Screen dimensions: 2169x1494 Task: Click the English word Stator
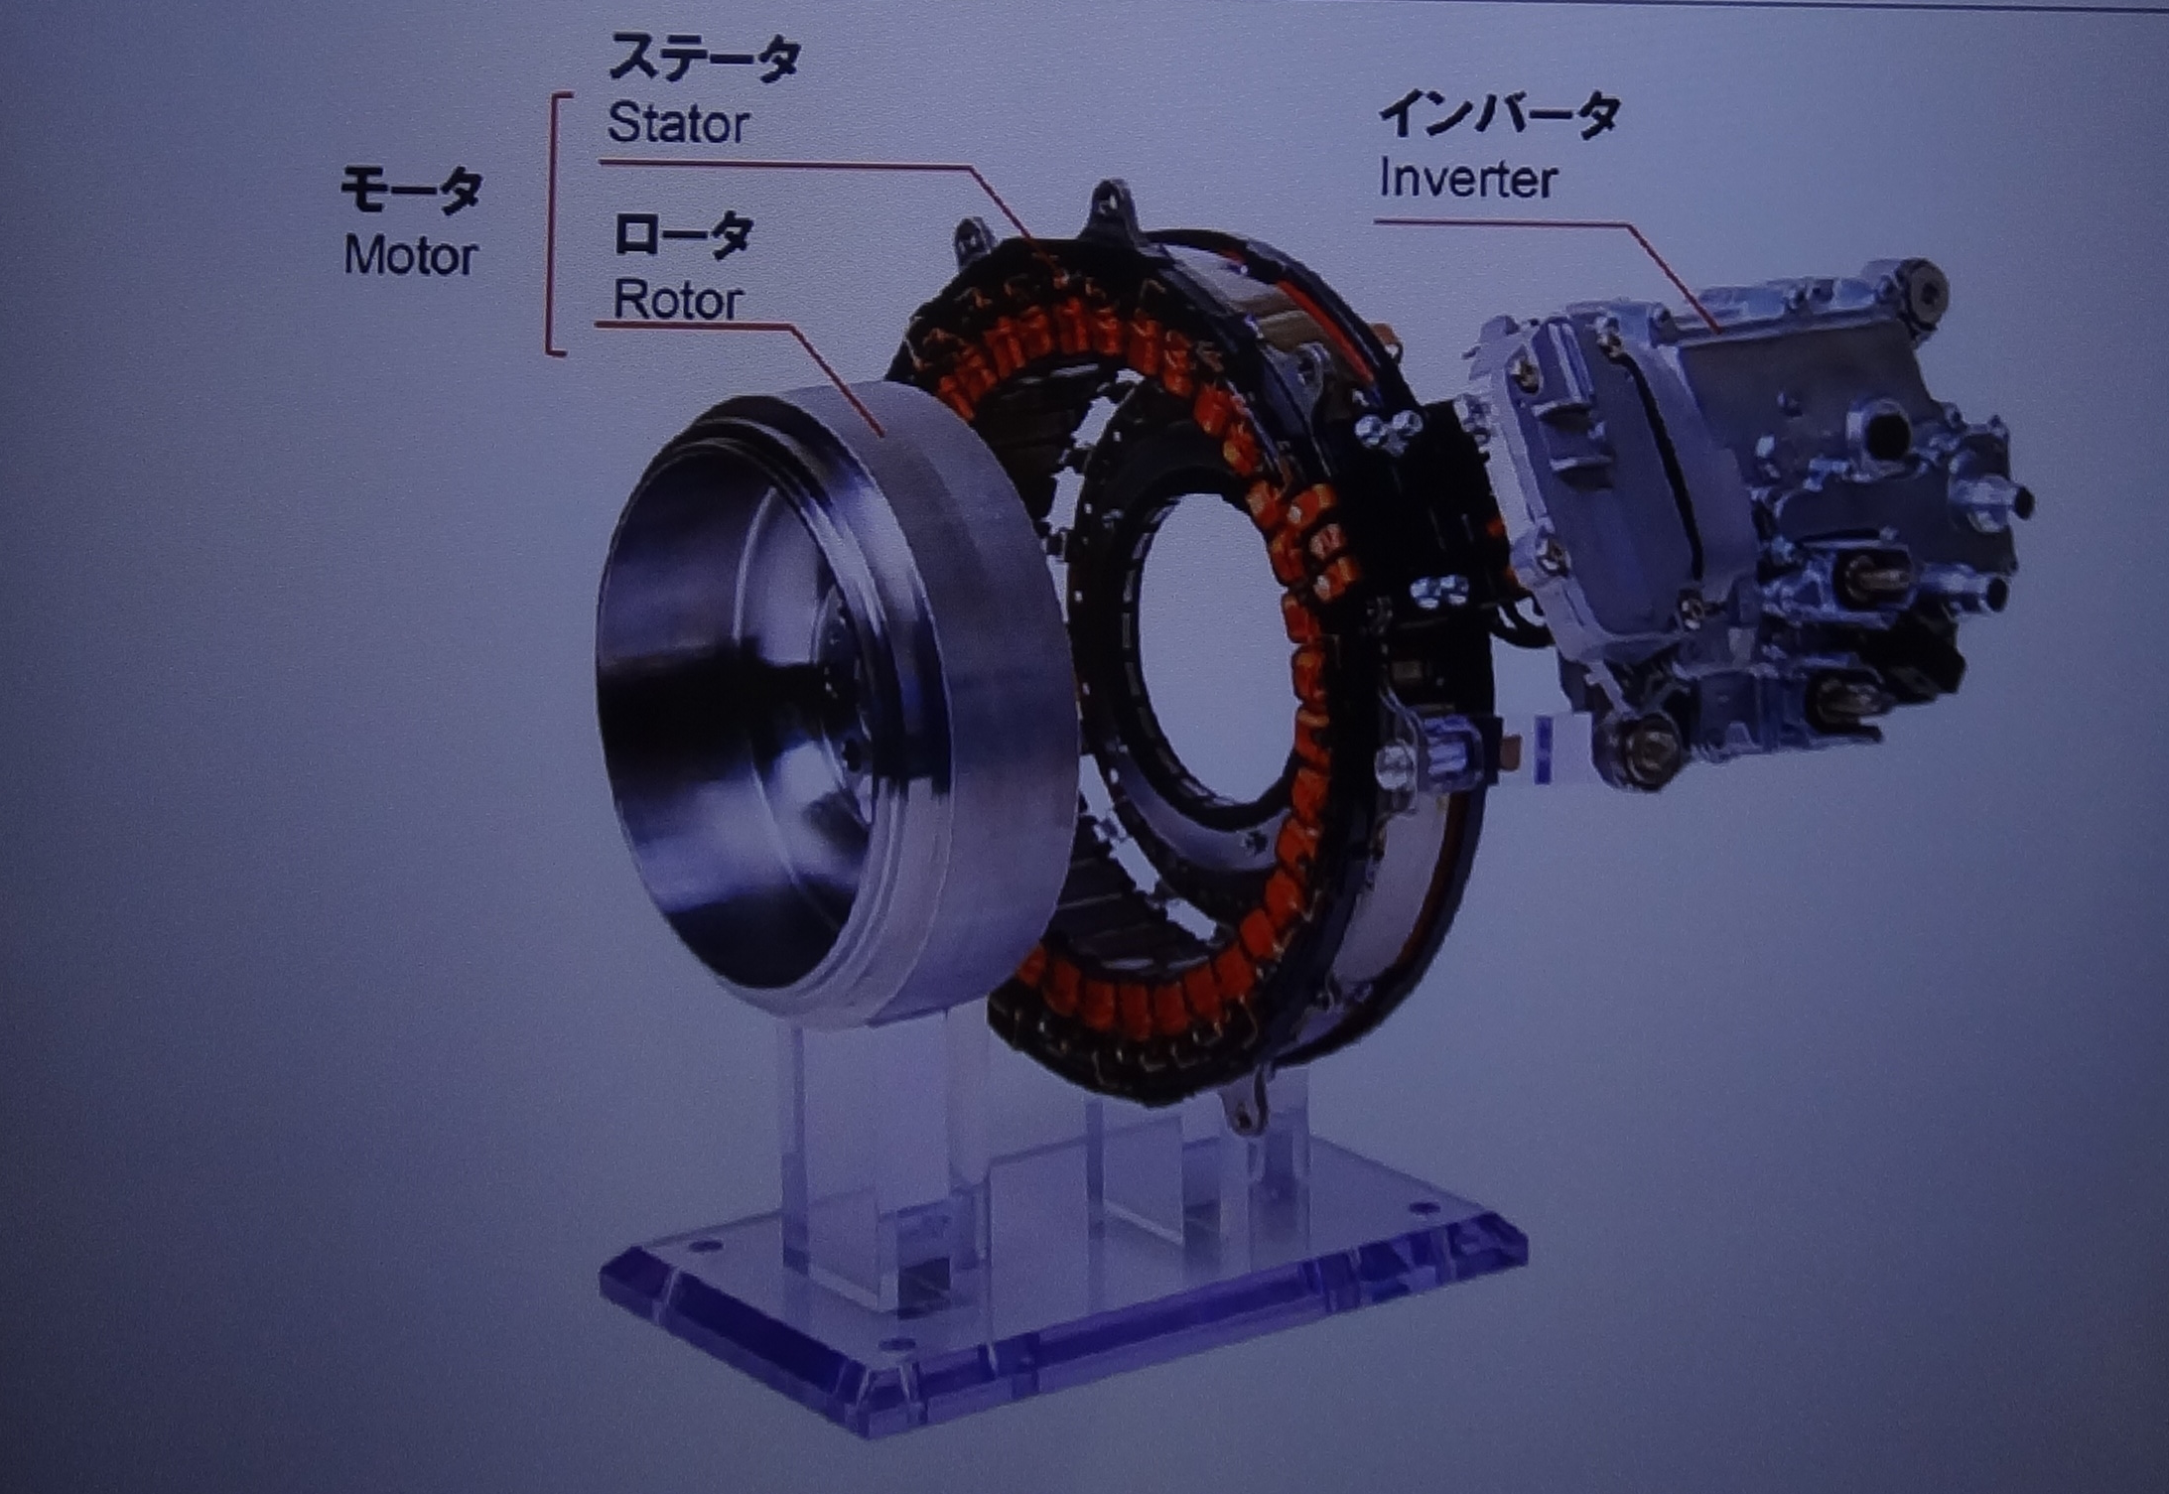678,124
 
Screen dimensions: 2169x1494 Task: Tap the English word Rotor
678,299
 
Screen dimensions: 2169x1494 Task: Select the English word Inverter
1468,180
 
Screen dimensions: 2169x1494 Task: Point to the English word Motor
410,256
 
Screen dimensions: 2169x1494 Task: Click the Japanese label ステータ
704,58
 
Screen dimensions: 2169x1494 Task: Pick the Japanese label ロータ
683,234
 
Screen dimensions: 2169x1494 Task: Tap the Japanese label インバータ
1499,114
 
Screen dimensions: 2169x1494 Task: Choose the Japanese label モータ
411,191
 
